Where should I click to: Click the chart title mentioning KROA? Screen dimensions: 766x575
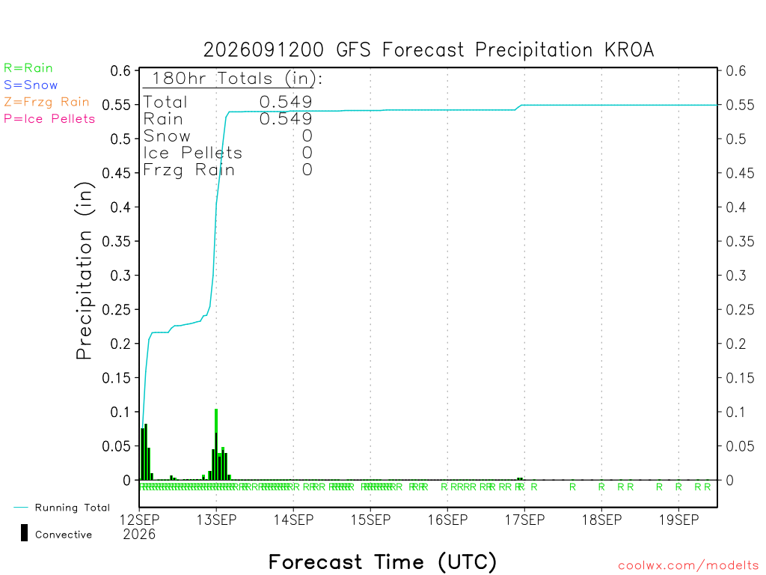(x=429, y=50)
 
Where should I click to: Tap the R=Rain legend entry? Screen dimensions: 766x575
(x=28, y=68)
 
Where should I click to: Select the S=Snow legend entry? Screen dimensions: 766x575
(x=31, y=85)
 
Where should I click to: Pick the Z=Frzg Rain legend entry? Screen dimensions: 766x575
(x=46, y=102)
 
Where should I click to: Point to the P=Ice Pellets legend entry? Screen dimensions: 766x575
(x=49, y=119)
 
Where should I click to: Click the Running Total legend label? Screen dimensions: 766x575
(x=73, y=508)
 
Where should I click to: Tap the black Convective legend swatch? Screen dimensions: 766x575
(x=24, y=533)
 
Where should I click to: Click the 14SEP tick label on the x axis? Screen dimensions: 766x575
(x=293, y=520)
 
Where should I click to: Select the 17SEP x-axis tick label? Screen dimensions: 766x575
(x=524, y=520)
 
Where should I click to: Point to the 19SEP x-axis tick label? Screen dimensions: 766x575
(x=678, y=520)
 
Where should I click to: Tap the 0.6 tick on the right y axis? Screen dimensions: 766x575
(x=736, y=71)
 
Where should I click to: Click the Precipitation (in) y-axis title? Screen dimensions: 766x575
(x=85, y=271)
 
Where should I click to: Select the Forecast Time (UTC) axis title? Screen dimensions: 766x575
(x=382, y=562)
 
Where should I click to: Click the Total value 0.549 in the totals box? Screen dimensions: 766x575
(x=286, y=102)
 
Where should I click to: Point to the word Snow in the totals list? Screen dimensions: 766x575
(x=167, y=136)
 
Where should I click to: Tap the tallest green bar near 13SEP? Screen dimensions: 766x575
(x=216, y=445)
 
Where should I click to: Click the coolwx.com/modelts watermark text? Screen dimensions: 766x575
(x=688, y=566)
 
